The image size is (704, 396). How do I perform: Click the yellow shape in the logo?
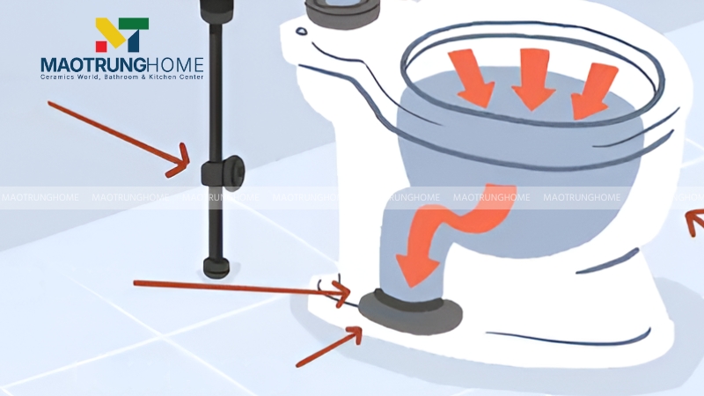tap(110, 32)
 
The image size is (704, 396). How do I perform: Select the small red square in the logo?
tap(101, 47)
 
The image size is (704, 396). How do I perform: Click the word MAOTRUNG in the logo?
tap(93, 65)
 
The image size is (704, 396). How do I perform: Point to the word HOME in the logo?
tap(175, 65)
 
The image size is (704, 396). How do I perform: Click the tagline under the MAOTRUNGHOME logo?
tap(122, 77)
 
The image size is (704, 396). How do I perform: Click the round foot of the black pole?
tap(216, 268)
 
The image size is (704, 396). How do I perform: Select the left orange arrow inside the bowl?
tap(472, 77)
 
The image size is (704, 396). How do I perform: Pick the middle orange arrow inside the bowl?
tap(533, 78)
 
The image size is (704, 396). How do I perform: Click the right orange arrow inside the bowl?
tap(593, 91)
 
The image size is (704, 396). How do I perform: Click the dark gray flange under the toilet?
tap(411, 312)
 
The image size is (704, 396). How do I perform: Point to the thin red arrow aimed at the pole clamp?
tap(119, 138)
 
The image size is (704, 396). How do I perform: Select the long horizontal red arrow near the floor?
tap(241, 289)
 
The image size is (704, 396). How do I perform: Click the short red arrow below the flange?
tap(328, 347)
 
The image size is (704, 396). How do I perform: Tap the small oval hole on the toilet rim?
tap(301, 32)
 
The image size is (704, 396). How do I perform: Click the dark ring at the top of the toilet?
tap(342, 12)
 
